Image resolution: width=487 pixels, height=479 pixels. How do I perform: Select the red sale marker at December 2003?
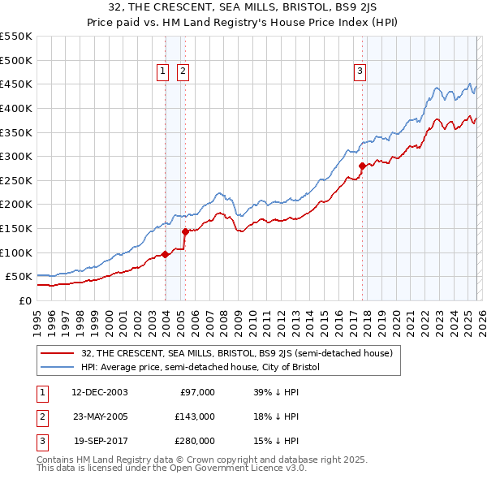[165, 254]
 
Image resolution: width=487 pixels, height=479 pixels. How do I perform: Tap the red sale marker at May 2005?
[185, 231]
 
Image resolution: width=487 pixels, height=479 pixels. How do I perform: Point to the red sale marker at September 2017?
[362, 166]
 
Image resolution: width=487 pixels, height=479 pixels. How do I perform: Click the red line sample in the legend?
[58, 353]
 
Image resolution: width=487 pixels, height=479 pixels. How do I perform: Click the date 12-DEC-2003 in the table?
[99, 392]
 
